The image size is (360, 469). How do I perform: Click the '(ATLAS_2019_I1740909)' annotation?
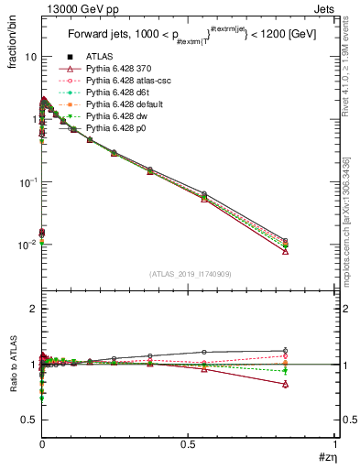tap(189, 274)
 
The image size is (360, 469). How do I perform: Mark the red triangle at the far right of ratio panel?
tap(286, 385)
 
